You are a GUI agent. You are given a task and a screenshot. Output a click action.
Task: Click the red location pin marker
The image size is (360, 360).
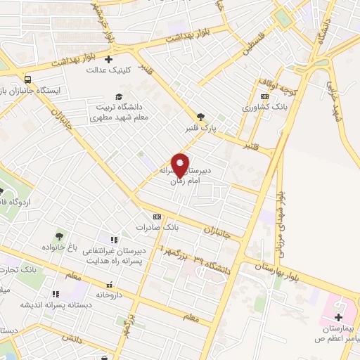click(x=181, y=165)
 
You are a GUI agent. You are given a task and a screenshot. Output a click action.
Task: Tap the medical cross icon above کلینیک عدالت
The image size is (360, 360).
click(x=109, y=60)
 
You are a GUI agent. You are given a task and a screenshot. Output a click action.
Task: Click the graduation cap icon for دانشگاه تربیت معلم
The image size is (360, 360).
click(x=119, y=96)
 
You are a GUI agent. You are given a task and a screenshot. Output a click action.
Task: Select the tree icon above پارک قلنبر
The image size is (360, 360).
click(x=202, y=117)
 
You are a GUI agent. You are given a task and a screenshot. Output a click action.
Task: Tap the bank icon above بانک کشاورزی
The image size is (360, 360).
click(x=264, y=96)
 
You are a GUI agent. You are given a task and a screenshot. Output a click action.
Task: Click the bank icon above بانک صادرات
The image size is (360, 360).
click(x=157, y=217)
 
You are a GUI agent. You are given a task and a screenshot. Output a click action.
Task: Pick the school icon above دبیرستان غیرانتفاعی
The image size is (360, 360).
click(x=112, y=240)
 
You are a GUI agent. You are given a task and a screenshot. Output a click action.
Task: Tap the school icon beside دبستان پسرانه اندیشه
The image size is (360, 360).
click(x=55, y=294)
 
